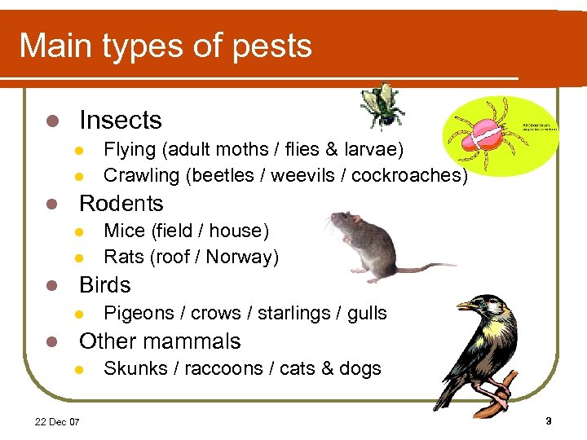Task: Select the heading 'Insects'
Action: tap(120, 121)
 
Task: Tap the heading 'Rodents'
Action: tap(121, 204)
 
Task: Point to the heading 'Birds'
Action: tap(104, 285)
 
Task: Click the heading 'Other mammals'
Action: tap(160, 341)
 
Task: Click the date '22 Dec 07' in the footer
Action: tap(57, 421)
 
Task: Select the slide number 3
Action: tap(548, 421)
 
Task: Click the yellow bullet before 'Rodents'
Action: tap(51, 204)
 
